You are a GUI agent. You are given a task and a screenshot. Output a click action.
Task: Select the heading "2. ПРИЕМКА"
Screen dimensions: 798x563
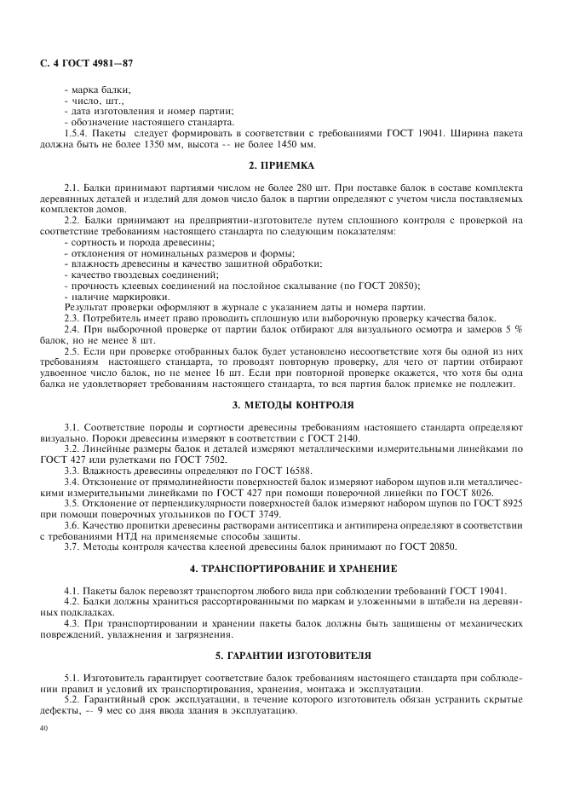[x=281, y=165]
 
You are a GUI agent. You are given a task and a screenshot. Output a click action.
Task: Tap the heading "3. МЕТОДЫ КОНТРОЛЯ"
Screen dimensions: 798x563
[x=281, y=404]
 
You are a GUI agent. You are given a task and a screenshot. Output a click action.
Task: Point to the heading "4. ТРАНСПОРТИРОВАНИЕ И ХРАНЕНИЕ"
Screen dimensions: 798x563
[x=281, y=568]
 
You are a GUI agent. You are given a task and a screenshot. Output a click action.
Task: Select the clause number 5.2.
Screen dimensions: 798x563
[x=72, y=697]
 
